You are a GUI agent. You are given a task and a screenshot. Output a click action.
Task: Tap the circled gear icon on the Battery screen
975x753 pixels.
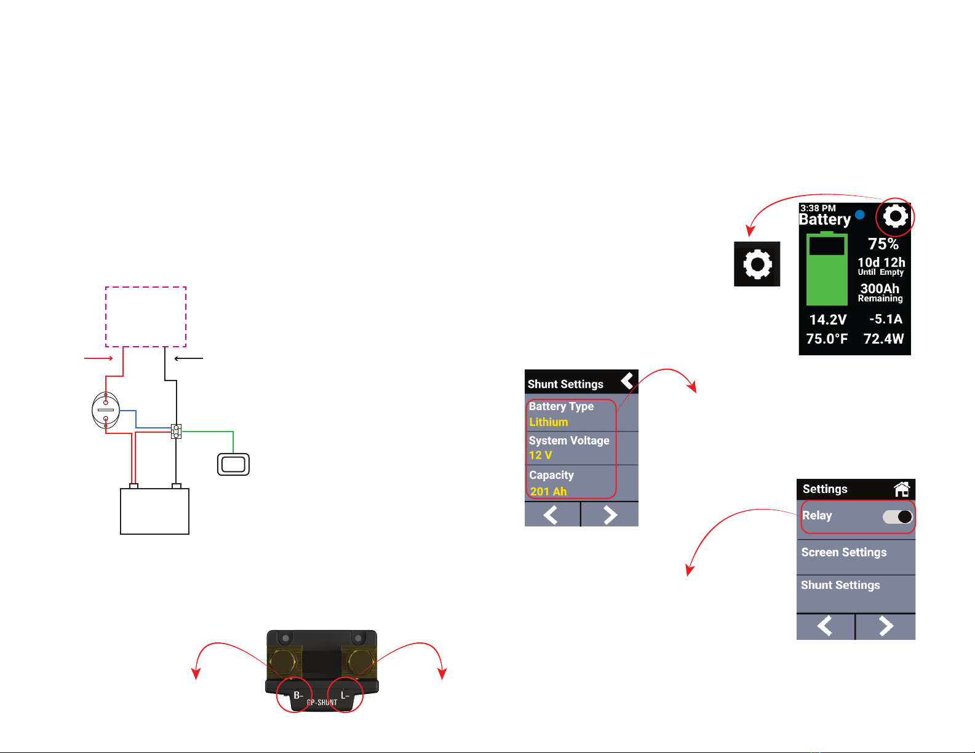click(x=896, y=216)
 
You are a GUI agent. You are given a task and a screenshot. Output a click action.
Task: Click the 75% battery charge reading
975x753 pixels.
click(x=883, y=244)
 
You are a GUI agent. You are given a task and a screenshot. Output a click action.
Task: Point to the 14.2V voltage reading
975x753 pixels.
click(x=828, y=320)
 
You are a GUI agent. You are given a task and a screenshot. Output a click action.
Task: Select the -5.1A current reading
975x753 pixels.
click(x=886, y=319)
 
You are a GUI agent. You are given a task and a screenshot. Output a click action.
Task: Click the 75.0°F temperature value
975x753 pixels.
click(x=827, y=339)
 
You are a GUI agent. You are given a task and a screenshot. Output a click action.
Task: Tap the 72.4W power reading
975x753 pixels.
click(x=883, y=339)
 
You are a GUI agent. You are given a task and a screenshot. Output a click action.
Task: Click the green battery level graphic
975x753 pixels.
click(x=827, y=270)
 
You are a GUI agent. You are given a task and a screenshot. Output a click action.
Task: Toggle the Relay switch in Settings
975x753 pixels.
click(x=897, y=517)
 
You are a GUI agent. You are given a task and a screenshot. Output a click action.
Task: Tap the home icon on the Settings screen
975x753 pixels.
click(x=902, y=489)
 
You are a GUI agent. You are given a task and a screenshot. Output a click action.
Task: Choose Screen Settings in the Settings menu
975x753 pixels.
click(x=844, y=553)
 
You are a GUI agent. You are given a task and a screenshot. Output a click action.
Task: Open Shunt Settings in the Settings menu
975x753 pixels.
click(x=840, y=585)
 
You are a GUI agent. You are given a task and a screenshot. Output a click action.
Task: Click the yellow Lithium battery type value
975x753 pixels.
click(x=549, y=422)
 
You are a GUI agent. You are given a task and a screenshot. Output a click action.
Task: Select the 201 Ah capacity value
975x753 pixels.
click(x=549, y=492)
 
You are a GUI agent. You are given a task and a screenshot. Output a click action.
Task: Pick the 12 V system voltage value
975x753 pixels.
click(x=541, y=455)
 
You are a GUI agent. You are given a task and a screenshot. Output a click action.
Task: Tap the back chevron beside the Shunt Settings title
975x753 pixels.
click(x=627, y=381)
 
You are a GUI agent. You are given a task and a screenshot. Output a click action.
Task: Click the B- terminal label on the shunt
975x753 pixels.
click(x=298, y=695)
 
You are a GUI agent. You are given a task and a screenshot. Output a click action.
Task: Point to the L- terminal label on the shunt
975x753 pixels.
click(x=345, y=695)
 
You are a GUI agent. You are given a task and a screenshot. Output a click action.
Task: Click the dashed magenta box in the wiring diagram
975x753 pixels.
click(x=146, y=317)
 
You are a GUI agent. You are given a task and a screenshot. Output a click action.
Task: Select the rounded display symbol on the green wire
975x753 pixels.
click(x=233, y=464)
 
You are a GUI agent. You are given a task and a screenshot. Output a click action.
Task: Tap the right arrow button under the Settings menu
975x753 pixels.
click(x=885, y=626)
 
